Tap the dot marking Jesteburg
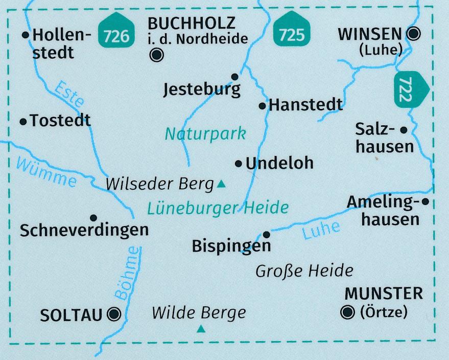[234, 77]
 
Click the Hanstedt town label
[305, 105]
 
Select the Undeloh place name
[279, 164]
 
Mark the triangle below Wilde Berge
[201, 329]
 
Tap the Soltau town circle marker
[114, 313]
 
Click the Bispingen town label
[231, 246]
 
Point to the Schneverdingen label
[84, 230]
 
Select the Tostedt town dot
[23, 121]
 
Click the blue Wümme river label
[46, 172]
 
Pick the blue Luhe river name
[321, 231]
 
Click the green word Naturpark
[205, 134]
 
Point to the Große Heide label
[304, 270]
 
